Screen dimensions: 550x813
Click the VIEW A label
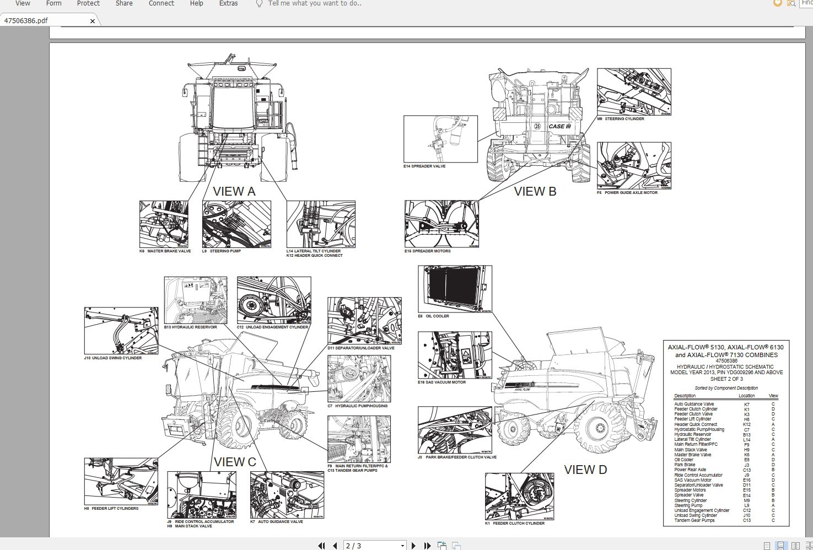tap(234, 192)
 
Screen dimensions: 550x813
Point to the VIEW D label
tap(585, 470)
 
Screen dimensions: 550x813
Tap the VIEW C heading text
tap(235, 462)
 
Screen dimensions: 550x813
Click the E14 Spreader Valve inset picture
tap(440, 139)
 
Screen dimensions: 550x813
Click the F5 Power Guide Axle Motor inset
tap(634, 165)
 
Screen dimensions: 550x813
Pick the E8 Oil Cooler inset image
tap(455, 289)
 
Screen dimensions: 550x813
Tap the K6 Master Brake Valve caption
tap(165, 251)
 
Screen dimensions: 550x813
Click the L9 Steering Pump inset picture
tap(236, 224)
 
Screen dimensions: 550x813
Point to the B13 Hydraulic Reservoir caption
tap(191, 327)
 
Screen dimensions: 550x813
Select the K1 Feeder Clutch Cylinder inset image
tap(519, 496)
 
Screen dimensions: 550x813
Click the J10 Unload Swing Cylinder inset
tap(121, 331)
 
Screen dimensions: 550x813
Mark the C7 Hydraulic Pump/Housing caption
tap(358, 406)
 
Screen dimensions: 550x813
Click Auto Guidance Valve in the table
tap(693, 405)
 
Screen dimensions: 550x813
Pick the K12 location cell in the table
tap(747, 424)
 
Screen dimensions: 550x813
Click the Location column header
tap(746, 396)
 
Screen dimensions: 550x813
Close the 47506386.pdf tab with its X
tap(93, 21)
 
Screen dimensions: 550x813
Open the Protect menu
tap(88, 3)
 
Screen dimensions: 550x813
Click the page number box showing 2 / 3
tap(375, 546)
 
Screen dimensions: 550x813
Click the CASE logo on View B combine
tap(559, 126)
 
